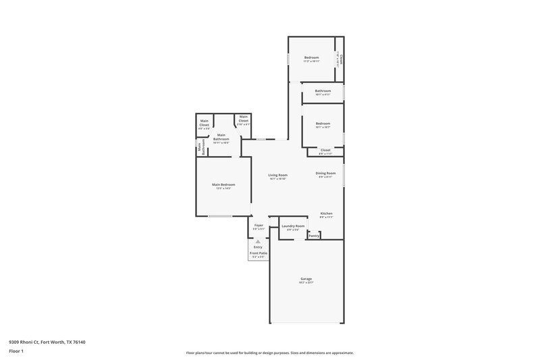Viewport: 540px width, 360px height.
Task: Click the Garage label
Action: (x=306, y=279)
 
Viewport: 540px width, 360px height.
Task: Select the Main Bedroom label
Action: (x=223, y=184)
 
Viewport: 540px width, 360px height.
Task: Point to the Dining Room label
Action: (x=325, y=173)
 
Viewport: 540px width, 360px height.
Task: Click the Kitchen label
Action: (x=326, y=213)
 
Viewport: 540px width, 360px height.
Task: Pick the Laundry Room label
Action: (x=293, y=226)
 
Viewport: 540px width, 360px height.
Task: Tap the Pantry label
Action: (x=314, y=236)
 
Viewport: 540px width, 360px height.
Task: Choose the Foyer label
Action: (x=259, y=226)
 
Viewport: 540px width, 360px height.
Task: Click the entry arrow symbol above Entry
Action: (x=258, y=241)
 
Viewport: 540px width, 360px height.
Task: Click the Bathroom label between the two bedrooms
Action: (x=323, y=91)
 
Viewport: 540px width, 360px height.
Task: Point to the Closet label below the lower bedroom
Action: (x=325, y=150)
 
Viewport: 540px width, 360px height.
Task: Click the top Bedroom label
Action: (x=311, y=58)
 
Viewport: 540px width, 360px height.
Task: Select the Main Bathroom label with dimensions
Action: (x=221, y=137)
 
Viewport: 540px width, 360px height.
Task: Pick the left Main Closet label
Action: (x=204, y=123)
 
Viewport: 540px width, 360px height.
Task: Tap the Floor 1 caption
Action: (x=15, y=352)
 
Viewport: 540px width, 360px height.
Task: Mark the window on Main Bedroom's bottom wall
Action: (x=219, y=216)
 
